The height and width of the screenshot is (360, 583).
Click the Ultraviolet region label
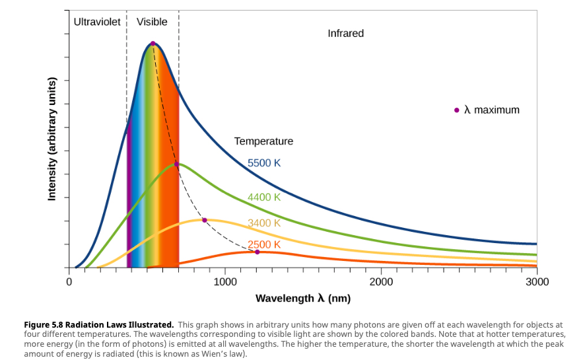click(x=97, y=22)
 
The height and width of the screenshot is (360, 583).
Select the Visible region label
click(x=152, y=22)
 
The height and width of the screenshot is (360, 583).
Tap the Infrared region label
click(x=345, y=33)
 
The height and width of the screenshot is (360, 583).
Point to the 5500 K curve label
click(x=264, y=163)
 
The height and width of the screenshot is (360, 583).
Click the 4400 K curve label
click(x=264, y=197)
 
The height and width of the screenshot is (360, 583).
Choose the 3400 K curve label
click(x=264, y=223)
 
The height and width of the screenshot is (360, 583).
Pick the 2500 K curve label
click(x=264, y=244)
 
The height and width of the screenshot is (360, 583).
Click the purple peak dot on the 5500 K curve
click(x=153, y=44)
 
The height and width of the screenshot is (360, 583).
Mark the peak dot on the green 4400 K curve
click(x=176, y=164)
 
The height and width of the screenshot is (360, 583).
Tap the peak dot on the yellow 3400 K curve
click(x=205, y=220)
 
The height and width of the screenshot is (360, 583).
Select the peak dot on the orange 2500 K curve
click(x=257, y=252)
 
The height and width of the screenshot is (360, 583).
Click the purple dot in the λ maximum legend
click(x=456, y=110)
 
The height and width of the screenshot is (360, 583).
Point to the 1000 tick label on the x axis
click(x=225, y=282)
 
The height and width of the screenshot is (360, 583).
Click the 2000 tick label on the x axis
click(x=381, y=282)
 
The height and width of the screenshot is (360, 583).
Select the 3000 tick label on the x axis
click(x=537, y=282)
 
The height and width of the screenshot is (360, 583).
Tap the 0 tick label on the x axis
click(x=69, y=282)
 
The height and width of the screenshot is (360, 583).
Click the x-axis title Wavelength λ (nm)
click(x=303, y=299)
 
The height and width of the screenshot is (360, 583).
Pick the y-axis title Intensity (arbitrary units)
click(x=52, y=139)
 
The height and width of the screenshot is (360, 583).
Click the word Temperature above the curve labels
click(x=263, y=141)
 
